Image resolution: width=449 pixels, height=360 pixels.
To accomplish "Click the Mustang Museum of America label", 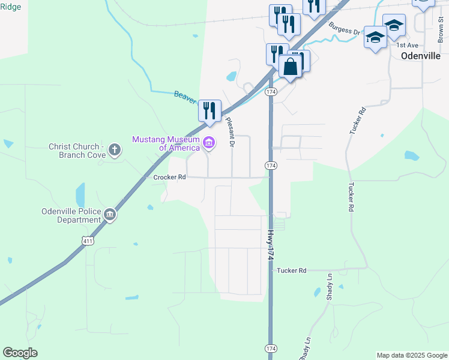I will (x=166, y=143).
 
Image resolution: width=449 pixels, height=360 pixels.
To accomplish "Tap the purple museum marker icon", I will (x=209, y=143).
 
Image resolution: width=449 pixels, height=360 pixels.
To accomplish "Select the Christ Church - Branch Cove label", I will (x=77, y=151).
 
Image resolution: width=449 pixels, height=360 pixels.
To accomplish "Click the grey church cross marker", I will (x=115, y=151).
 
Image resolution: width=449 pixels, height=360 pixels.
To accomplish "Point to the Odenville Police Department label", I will (x=71, y=215).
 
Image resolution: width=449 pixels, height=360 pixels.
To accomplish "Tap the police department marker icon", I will (x=109, y=215).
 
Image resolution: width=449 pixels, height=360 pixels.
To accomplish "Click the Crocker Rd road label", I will (x=170, y=178).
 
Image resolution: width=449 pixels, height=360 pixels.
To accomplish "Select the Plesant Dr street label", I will (x=230, y=132).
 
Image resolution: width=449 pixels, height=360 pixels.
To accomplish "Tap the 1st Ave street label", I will (x=406, y=45).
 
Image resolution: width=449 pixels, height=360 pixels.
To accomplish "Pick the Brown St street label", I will (x=440, y=28).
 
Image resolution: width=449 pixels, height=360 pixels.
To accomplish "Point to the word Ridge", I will (x=10, y=6).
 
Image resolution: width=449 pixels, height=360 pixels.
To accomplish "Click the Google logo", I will (x=20, y=353).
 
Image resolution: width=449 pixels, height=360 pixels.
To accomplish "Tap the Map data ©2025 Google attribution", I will (x=412, y=355).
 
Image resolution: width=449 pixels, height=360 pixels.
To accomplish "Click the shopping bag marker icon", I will (x=291, y=67).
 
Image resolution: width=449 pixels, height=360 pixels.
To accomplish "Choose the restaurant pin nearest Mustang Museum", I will (x=209, y=110).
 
